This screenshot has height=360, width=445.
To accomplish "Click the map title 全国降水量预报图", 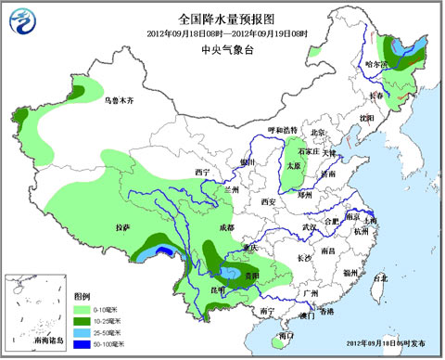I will (222, 18).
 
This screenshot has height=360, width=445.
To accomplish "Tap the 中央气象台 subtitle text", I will (222, 51).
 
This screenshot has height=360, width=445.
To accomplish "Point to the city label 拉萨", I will (122, 227).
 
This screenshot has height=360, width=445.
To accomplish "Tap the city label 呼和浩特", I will (282, 130).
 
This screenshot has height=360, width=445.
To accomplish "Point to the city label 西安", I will (269, 201).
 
